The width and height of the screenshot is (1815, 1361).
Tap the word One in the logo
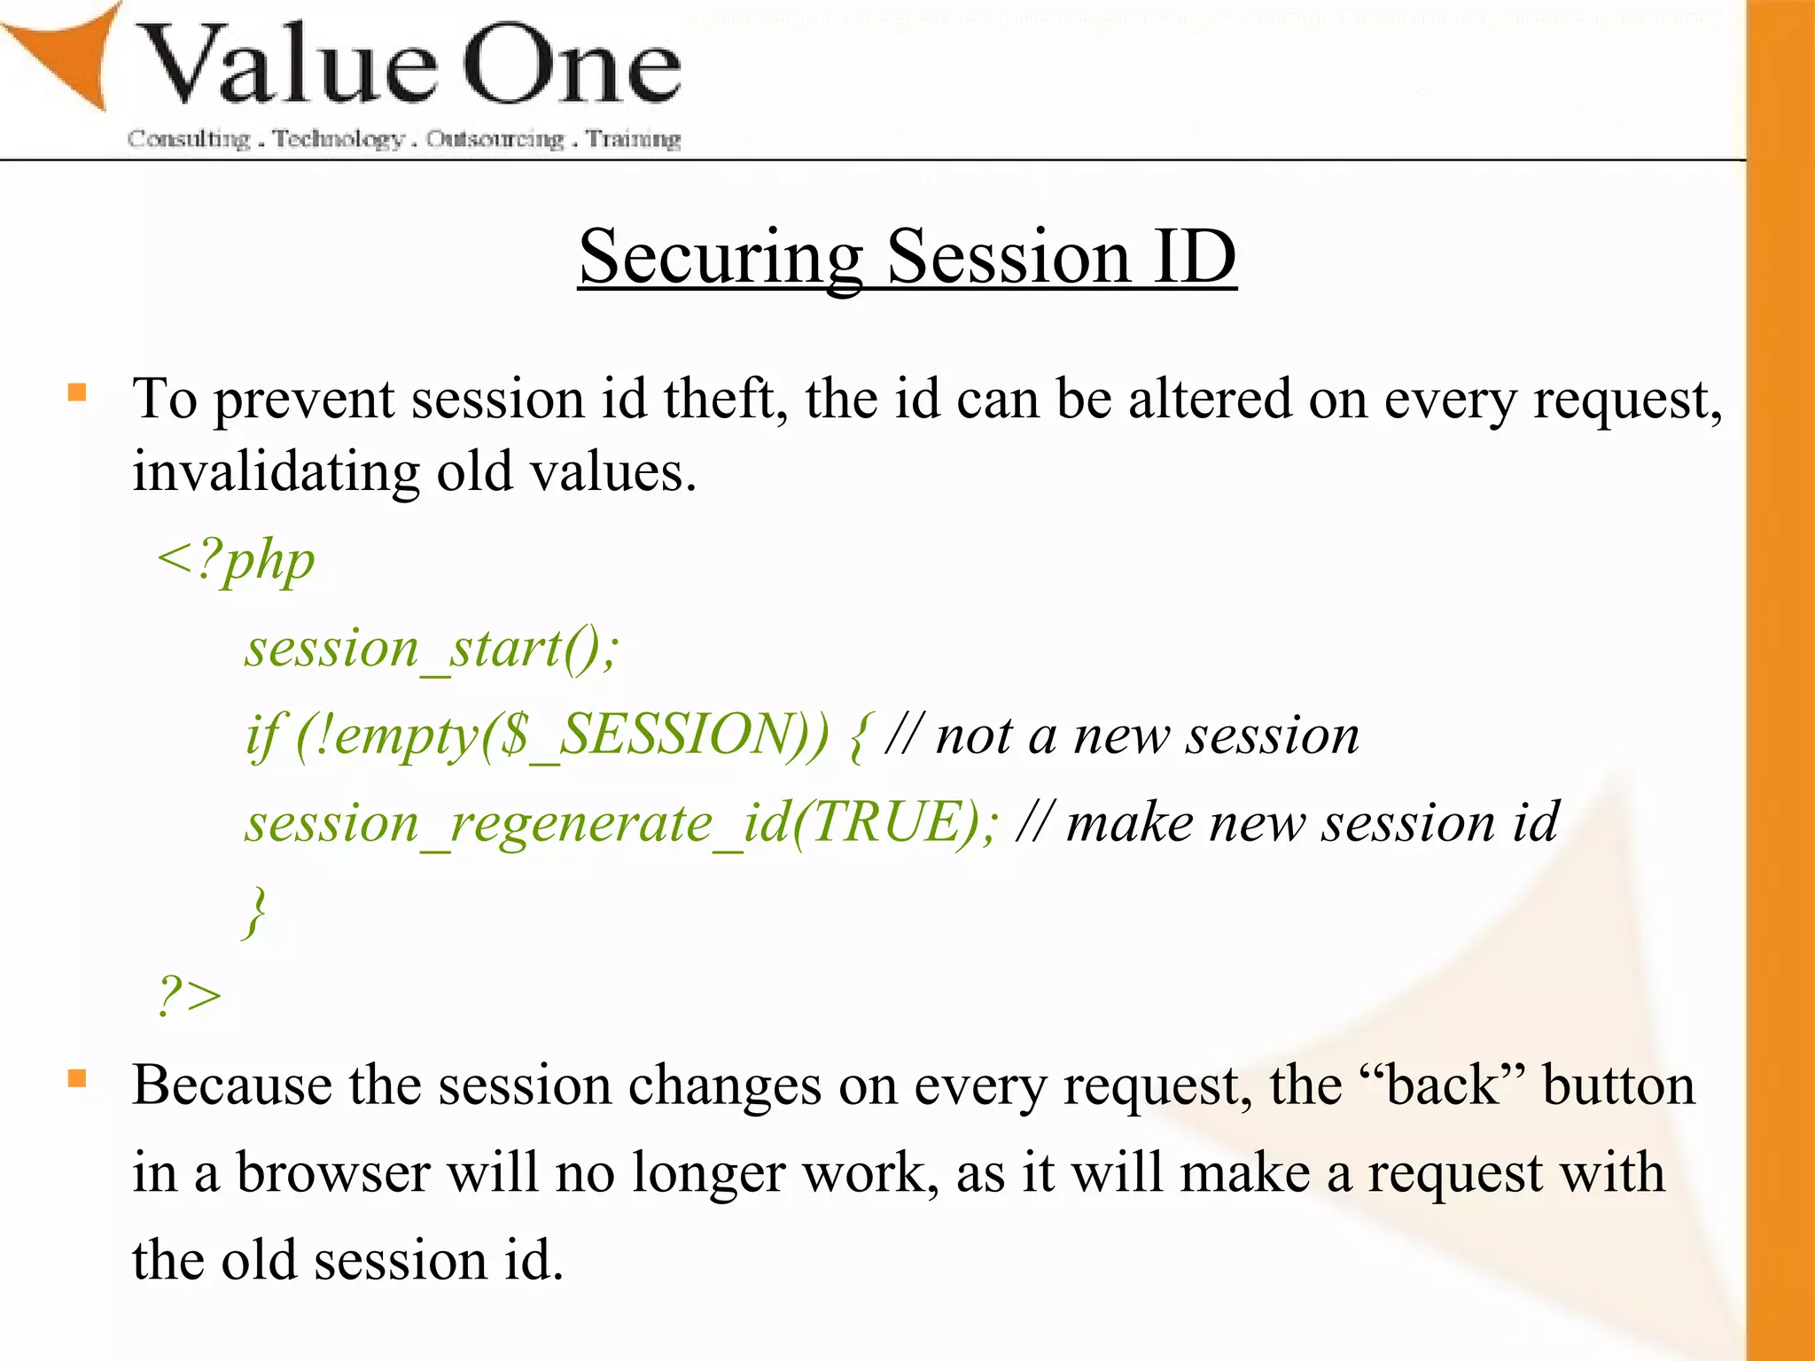point(572,66)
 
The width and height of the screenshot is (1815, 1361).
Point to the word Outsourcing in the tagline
point(495,139)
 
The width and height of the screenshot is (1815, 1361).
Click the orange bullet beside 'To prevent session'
point(78,393)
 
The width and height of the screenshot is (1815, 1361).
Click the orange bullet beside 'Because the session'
point(78,1078)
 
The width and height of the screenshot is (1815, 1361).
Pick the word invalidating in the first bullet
point(276,471)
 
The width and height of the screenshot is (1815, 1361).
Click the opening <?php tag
point(236,560)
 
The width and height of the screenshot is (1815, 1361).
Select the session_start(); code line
point(432,648)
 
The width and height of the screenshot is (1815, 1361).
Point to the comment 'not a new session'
point(1147,735)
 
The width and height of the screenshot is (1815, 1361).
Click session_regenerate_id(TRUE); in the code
point(621,823)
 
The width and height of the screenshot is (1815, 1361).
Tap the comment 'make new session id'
point(1312,823)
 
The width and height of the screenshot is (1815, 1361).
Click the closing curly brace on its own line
point(255,910)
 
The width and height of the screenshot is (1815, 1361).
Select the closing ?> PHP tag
point(189,995)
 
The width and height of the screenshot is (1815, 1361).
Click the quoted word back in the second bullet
point(1442,1085)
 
